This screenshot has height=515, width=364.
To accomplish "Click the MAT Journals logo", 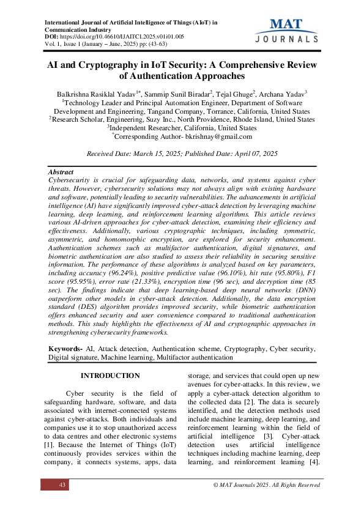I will click(x=283, y=30).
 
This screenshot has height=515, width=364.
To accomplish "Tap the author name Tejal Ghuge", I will click(x=234, y=94).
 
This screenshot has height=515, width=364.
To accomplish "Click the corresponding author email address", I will click(x=221, y=138).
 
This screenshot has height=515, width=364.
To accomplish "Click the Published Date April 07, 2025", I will click(x=253, y=154).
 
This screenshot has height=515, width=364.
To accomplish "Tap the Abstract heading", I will click(x=61, y=172).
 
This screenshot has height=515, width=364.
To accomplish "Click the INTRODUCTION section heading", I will click(x=110, y=376).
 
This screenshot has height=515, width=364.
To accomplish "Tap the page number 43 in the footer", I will click(x=62, y=485).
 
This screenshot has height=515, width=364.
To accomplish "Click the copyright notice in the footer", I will click(x=266, y=485).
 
